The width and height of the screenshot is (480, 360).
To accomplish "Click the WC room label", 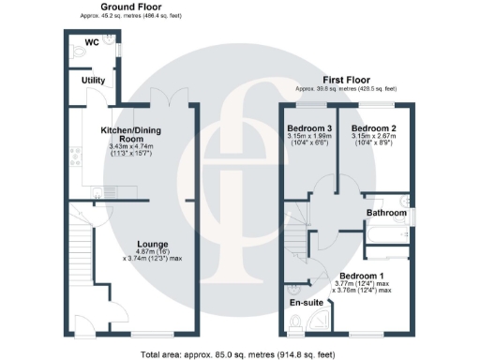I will click(x=92, y=43).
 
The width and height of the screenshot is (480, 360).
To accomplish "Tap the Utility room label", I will click(x=93, y=81).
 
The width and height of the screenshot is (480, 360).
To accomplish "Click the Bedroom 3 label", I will click(x=310, y=127).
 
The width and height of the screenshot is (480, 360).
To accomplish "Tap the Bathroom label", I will click(x=386, y=214).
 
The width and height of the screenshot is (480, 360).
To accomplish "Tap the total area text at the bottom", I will click(x=239, y=353).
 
